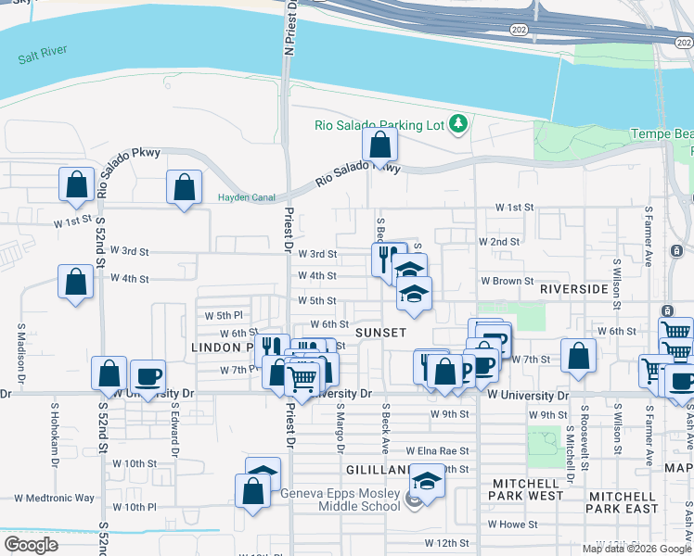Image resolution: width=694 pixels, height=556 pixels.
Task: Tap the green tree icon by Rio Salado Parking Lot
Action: [x=456, y=123]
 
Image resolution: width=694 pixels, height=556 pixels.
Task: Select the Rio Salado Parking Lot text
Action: [x=379, y=124]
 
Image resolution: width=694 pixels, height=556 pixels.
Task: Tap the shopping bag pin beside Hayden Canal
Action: [x=184, y=186]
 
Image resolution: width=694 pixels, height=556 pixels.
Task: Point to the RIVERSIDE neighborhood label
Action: [x=574, y=289]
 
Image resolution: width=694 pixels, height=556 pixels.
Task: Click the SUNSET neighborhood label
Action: [x=380, y=332]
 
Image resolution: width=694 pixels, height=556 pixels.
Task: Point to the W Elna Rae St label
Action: [x=437, y=450]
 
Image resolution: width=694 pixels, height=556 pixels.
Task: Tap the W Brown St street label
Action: [x=507, y=281]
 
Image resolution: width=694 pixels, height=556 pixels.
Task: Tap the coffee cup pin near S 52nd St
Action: [x=148, y=376]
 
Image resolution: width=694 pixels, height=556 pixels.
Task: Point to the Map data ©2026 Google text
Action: [x=637, y=549]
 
